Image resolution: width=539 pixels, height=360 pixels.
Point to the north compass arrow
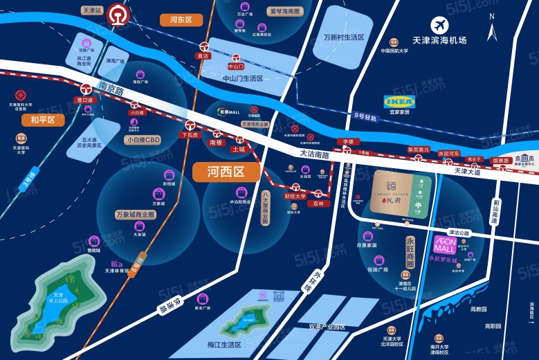(x=492, y=30)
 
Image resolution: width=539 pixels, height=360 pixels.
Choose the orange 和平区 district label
(x=42, y=120)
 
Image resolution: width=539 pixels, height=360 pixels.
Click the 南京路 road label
(x=110, y=89)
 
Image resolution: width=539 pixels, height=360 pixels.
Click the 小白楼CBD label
(x=143, y=140)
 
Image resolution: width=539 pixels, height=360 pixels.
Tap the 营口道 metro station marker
(x=85, y=89)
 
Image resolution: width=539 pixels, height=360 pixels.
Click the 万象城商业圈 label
(x=135, y=215)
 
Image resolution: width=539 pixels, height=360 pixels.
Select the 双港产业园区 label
(x=327, y=326)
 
